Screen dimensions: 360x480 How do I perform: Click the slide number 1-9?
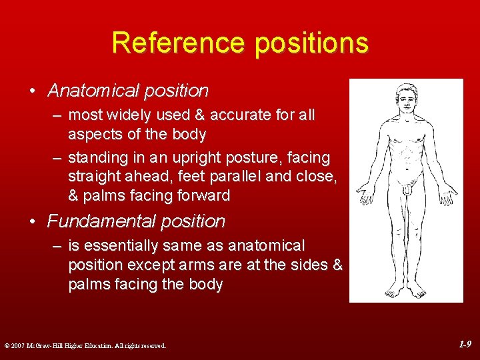(x=465, y=344)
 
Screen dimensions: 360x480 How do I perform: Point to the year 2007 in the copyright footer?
(x=18, y=345)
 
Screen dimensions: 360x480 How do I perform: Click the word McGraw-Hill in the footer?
(x=47, y=345)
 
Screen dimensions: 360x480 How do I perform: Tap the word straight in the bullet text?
(x=93, y=177)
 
